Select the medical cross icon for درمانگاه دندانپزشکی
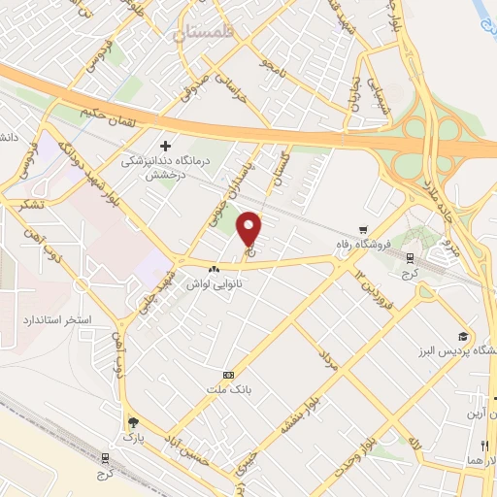pos(165,144)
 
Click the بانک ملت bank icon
pos(228,375)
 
